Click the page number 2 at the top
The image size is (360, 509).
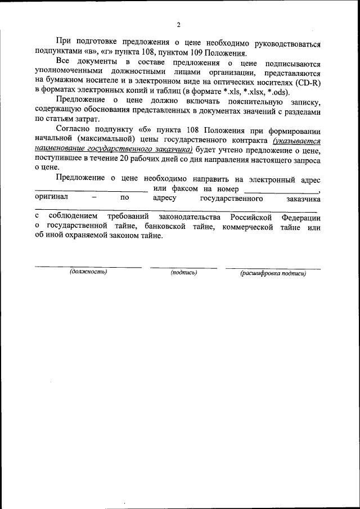[x=178, y=25]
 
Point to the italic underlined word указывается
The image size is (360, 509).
[x=296, y=141]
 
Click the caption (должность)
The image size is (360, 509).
[x=89, y=272]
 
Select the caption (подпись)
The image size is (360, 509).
[x=183, y=273]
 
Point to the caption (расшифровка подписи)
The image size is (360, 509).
[x=273, y=273]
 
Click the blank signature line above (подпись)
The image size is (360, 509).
[x=183, y=267]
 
